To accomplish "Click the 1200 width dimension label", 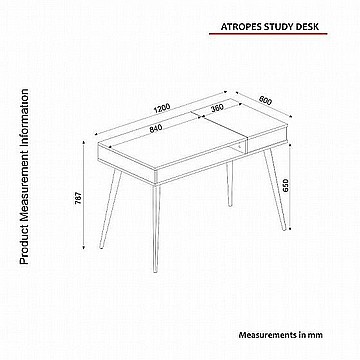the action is click(162, 109).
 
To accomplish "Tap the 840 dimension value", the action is click(155, 129).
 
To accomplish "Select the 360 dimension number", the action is click(217, 108).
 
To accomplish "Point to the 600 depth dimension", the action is click(265, 100).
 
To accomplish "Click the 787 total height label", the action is click(78, 199).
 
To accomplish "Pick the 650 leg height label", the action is click(286, 185).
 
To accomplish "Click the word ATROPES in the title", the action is click(241, 27).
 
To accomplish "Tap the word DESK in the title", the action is click(307, 27).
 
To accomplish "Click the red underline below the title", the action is click(268, 34).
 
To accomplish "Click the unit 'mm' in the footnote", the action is click(317, 335).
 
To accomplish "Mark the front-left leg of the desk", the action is click(110, 208).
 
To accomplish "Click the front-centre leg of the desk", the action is click(156, 228).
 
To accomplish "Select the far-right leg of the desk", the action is click(275, 189).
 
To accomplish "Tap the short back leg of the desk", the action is click(229, 184).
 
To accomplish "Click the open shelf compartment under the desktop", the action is click(238, 148).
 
